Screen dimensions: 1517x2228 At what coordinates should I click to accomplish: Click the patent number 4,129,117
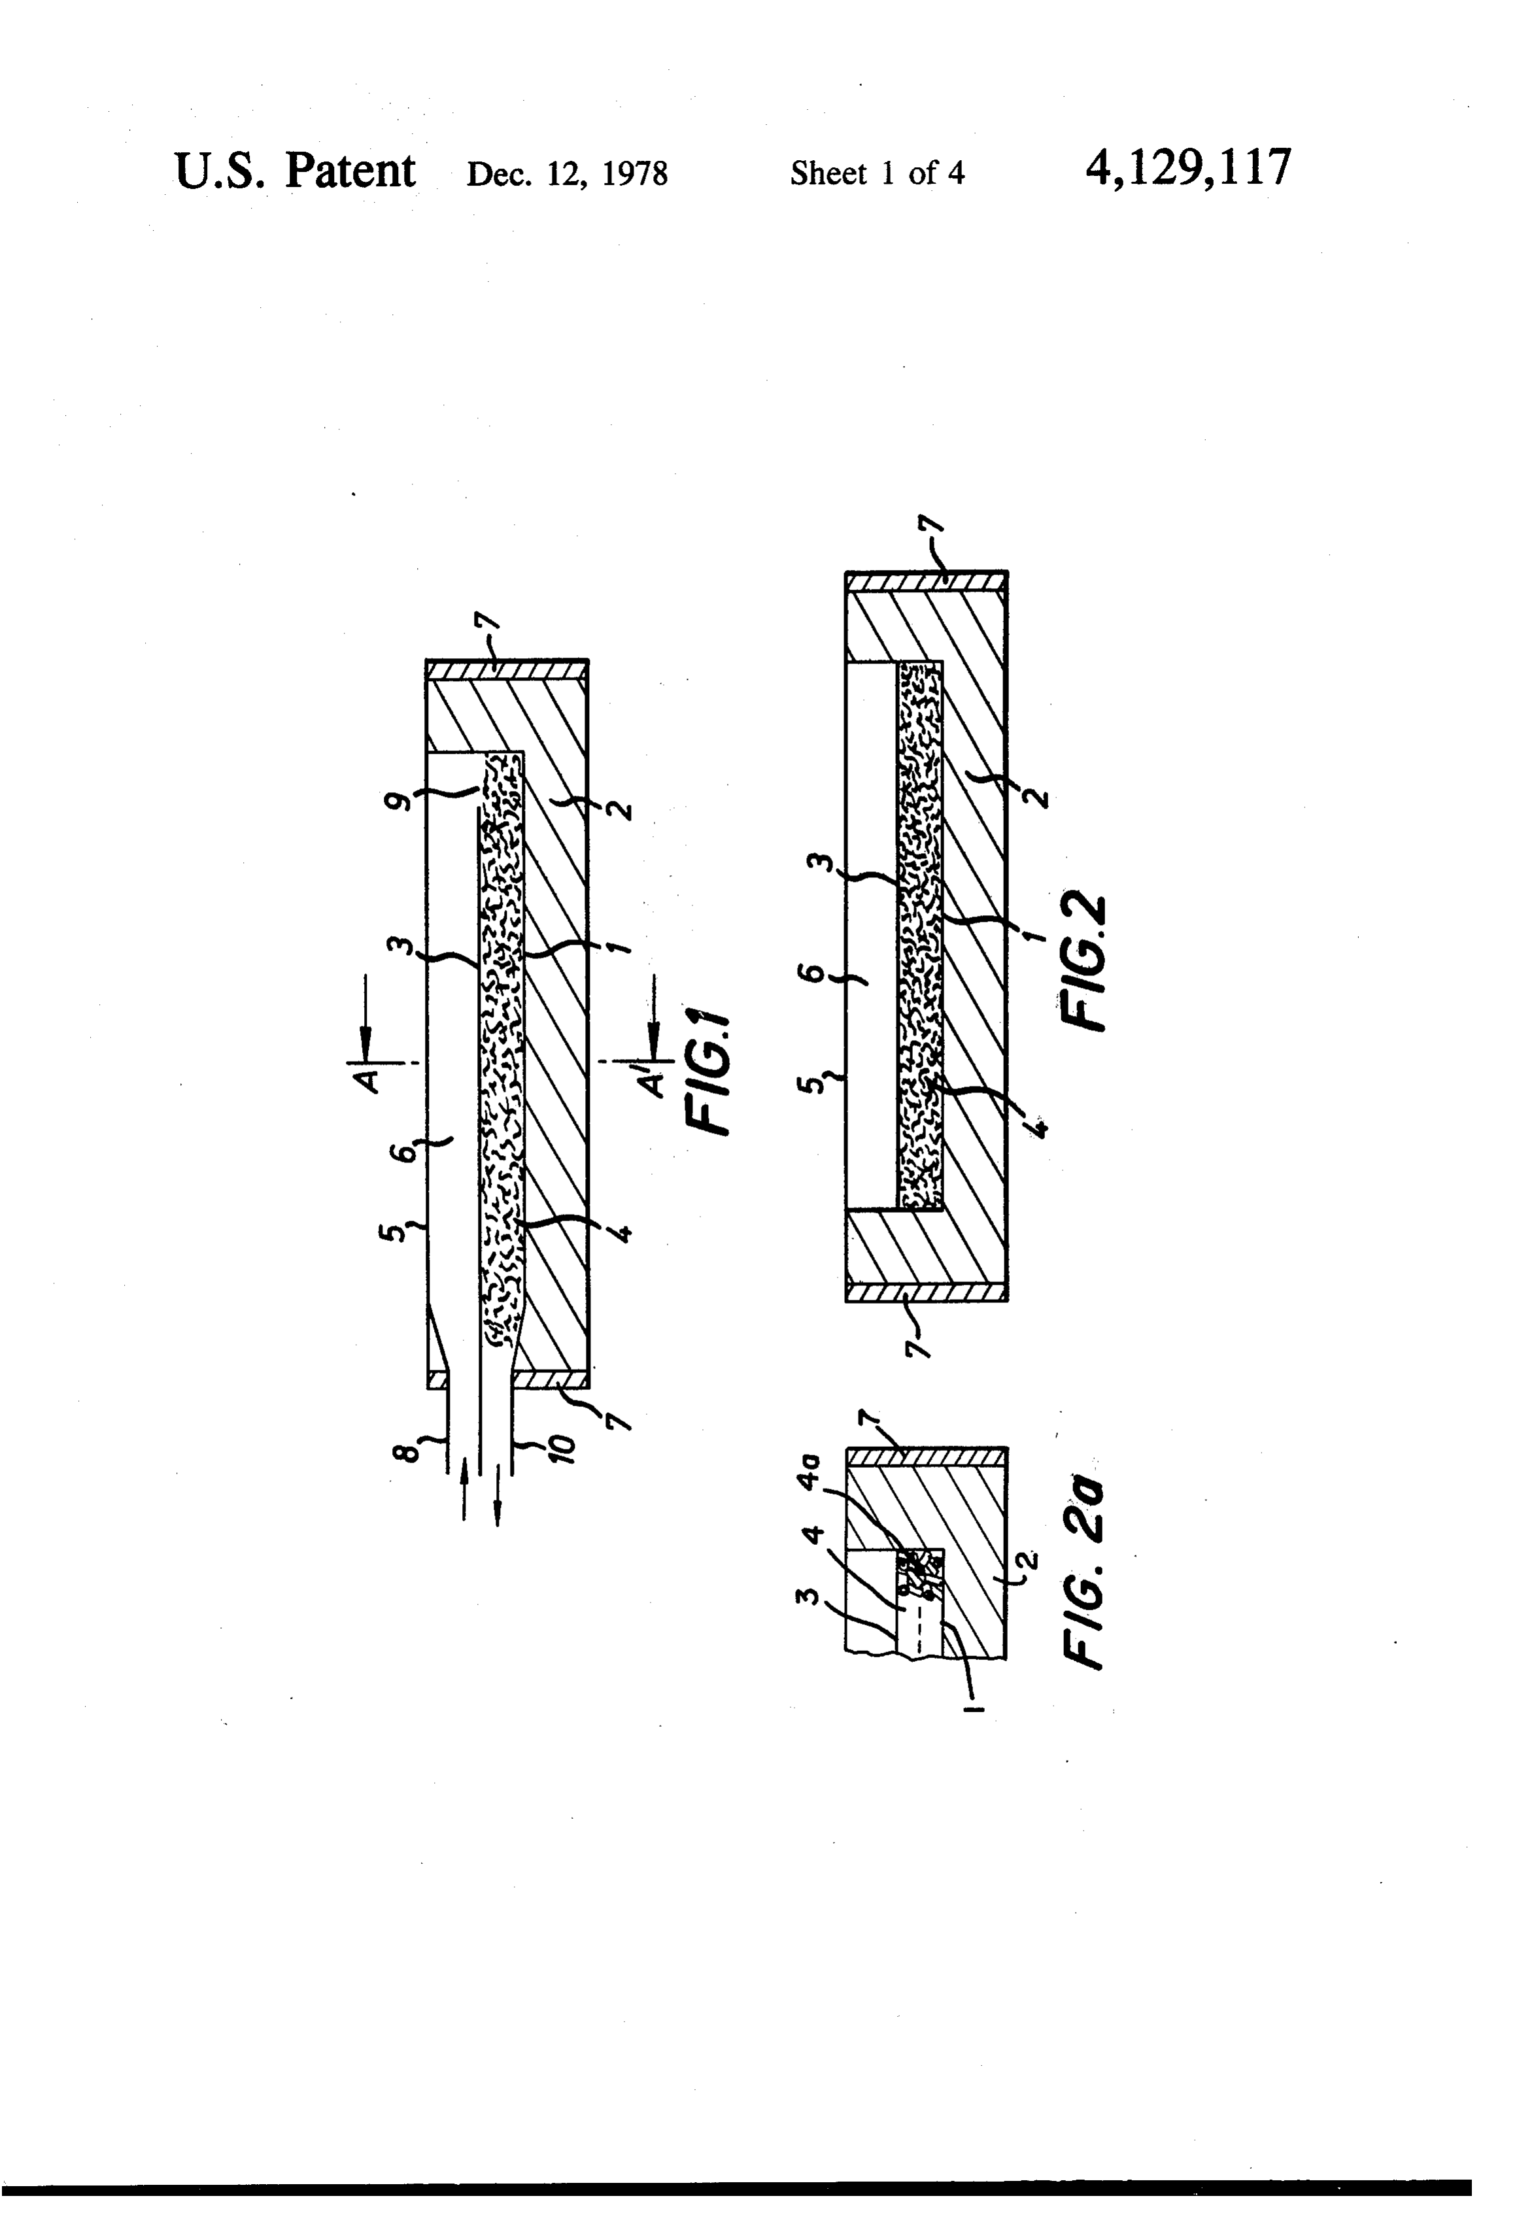[x=1188, y=168]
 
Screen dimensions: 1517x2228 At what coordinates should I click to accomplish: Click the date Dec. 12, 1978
[x=567, y=173]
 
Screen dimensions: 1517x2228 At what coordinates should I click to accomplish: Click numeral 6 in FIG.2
[x=813, y=973]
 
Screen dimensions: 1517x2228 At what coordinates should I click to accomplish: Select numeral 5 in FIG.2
[x=813, y=1085]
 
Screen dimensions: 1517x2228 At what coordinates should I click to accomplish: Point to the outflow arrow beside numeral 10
[x=498, y=1494]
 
